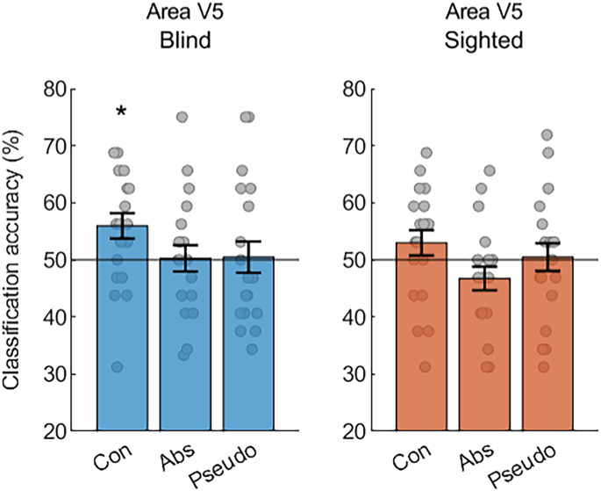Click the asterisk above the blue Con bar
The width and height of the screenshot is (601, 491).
point(121,112)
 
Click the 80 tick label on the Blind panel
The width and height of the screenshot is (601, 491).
point(61,89)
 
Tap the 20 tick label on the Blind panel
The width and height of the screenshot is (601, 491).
point(61,431)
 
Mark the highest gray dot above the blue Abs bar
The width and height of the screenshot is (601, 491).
point(182,117)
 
